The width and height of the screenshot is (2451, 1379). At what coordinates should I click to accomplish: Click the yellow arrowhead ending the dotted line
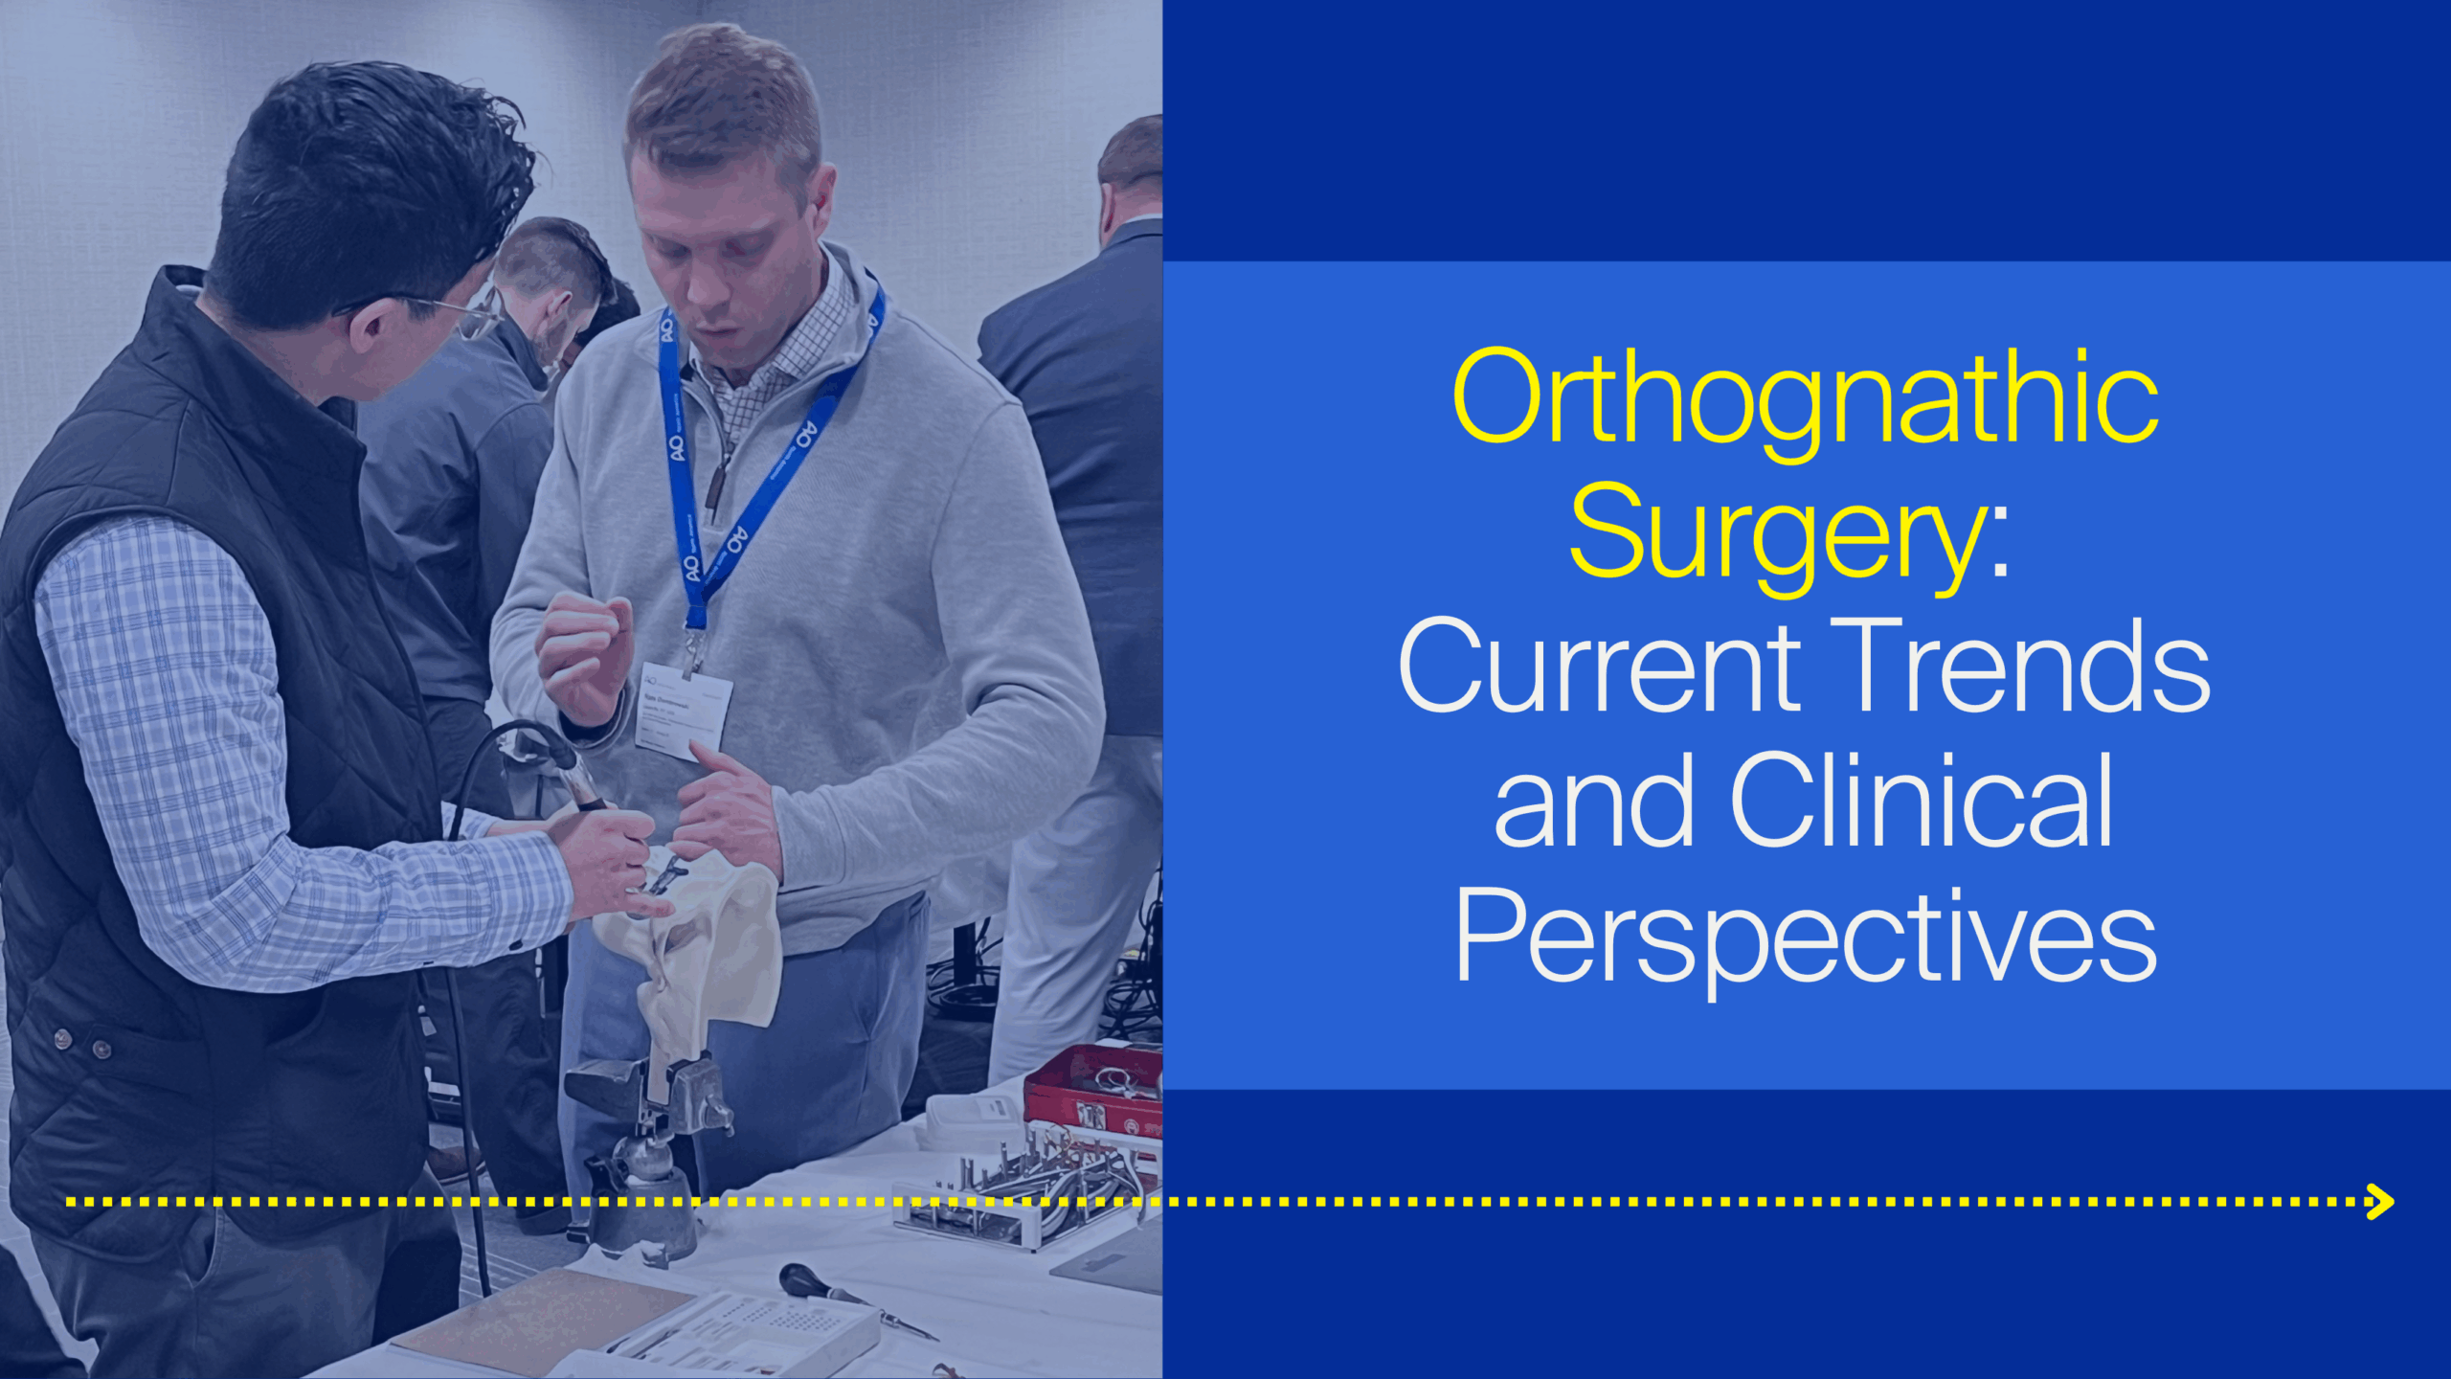click(2380, 1201)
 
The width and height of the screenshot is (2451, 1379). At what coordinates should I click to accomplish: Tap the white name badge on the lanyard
click(683, 710)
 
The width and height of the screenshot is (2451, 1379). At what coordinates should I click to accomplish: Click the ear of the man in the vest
click(369, 326)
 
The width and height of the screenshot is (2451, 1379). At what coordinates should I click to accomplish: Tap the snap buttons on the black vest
click(81, 1044)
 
